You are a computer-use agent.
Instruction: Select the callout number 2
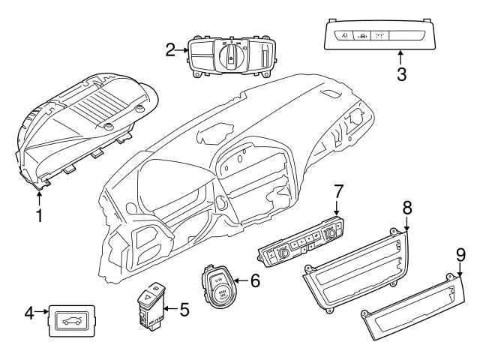[170, 50]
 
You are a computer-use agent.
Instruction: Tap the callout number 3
[401, 75]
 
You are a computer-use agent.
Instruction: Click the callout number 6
[255, 281]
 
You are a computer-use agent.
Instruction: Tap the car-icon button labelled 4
[70, 321]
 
